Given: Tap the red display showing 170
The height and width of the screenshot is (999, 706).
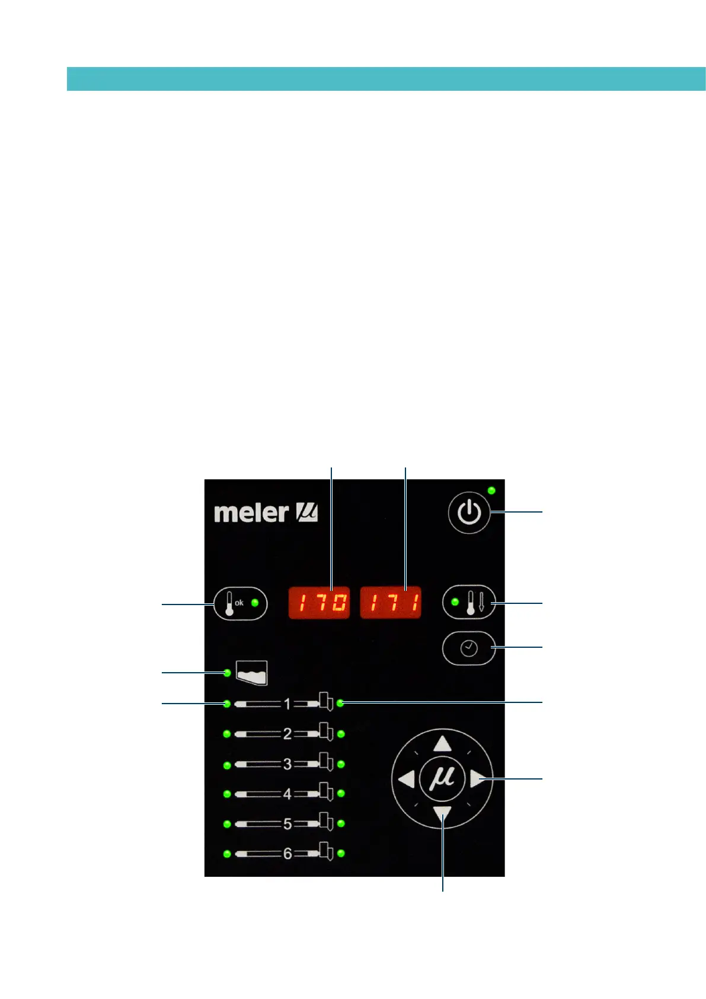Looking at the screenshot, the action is pos(319,603).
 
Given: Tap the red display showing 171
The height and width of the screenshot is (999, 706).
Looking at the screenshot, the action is pos(391,603).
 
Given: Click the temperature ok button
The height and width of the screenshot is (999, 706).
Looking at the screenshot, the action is pos(240,604).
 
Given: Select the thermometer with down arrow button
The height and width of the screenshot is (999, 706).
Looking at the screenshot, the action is pos(469,603).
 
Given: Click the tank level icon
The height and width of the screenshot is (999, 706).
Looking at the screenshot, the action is pos(252,673).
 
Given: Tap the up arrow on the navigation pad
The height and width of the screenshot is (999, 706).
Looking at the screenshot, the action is pos(442,744).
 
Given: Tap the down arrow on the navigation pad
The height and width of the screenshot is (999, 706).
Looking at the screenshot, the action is pos(442,814).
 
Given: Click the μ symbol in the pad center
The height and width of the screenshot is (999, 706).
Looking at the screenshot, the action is pos(442,778).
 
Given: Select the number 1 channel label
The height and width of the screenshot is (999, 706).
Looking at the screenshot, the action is pos(287,704).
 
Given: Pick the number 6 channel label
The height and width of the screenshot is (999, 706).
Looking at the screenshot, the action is pos(287,854).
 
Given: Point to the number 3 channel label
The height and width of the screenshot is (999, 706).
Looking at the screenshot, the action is pos(287,764).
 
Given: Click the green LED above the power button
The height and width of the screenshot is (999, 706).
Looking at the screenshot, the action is pos(491,491).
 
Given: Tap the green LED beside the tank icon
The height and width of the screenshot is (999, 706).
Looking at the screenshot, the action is pos(227,673).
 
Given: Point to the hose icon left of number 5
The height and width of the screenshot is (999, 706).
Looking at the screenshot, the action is pos(258,824).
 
